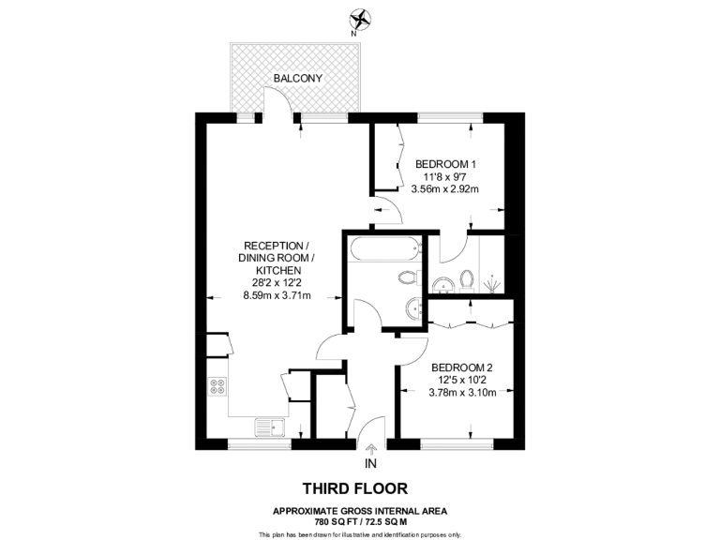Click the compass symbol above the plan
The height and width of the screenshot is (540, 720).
pyautogui.click(x=359, y=19)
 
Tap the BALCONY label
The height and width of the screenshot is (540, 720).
pyautogui.click(x=298, y=78)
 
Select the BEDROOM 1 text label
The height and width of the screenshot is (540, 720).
pyautogui.click(x=445, y=163)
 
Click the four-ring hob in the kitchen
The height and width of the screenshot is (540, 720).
pyautogui.click(x=217, y=385)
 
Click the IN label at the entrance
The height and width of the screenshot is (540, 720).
pyautogui.click(x=370, y=464)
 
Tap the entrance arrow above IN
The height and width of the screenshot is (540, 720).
pyautogui.click(x=370, y=449)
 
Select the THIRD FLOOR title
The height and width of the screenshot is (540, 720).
pyautogui.click(x=354, y=488)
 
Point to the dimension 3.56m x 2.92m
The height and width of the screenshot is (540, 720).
pyautogui.click(x=445, y=188)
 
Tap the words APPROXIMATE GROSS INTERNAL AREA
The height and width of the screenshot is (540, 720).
pyautogui.click(x=360, y=510)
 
